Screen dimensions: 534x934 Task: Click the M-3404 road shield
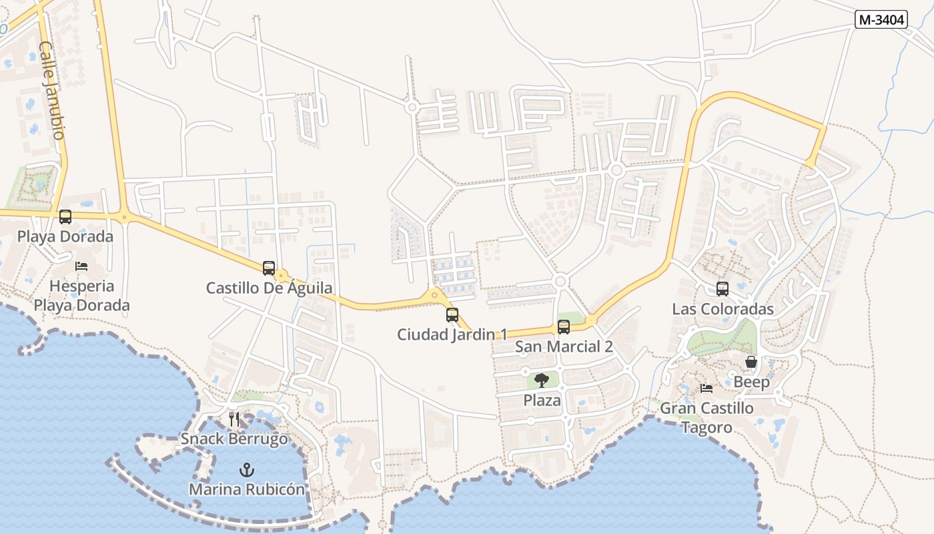(881, 20)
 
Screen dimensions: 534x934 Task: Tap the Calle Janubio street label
(51, 91)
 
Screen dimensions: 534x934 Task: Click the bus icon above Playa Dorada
(65, 217)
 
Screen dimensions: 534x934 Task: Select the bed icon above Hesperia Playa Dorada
(81, 266)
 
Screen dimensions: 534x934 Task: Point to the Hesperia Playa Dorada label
(82, 296)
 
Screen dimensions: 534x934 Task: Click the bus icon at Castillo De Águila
(269, 268)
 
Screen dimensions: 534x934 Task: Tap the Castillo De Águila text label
(269, 288)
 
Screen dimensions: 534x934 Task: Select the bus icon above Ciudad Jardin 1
(452, 315)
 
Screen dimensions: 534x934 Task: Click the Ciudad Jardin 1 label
(452, 334)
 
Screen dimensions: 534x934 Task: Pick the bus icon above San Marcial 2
(564, 327)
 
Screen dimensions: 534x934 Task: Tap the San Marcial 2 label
(564, 346)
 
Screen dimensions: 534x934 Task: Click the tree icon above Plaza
(542, 380)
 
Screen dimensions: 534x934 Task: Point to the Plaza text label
(542, 400)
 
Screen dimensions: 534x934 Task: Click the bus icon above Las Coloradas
(723, 289)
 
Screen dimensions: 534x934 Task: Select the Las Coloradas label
(723, 309)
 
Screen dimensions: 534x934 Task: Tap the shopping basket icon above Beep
(751, 362)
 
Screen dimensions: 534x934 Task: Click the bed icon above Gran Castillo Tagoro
(707, 388)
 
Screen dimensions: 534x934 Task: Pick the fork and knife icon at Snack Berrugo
(234, 419)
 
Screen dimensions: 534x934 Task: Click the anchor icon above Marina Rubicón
(247, 470)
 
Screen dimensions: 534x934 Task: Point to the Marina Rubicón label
(247, 489)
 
